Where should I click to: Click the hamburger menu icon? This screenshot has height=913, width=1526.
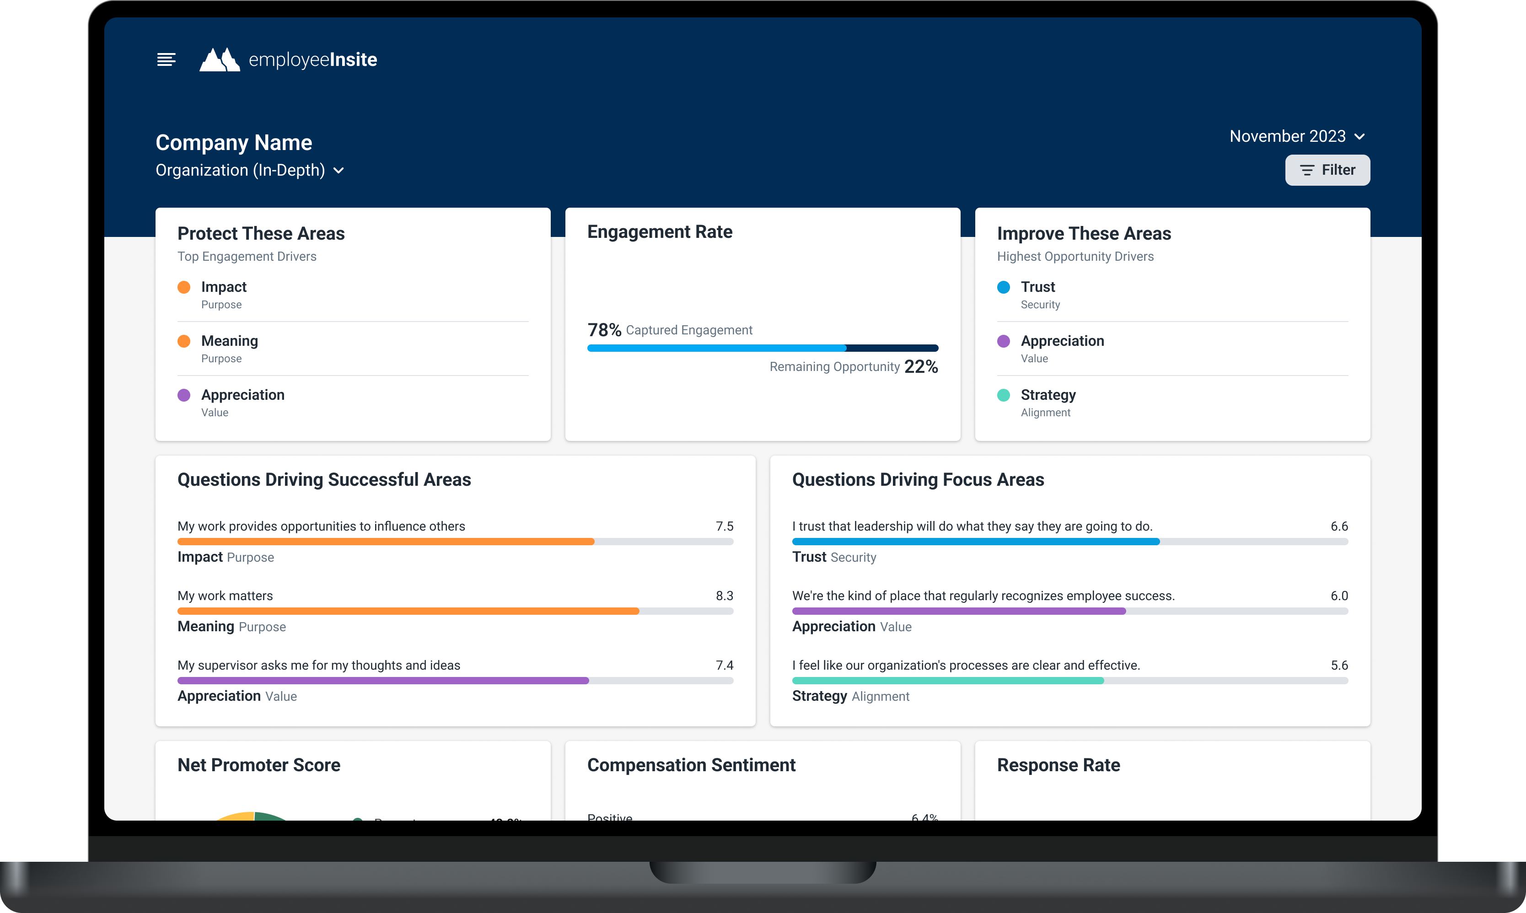(x=166, y=59)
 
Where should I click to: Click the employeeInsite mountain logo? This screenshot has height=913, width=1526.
(x=220, y=59)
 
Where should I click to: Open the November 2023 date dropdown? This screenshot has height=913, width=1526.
(x=1296, y=137)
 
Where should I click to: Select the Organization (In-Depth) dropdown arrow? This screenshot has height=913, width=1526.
(x=339, y=171)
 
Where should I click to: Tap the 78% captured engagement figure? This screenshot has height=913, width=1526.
(x=604, y=330)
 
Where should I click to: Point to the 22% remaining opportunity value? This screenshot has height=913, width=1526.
(x=921, y=367)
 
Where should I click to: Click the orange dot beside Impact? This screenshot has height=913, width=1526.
(x=184, y=287)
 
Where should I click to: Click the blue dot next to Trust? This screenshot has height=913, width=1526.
(x=1004, y=287)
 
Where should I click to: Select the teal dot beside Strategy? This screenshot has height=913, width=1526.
(x=1004, y=395)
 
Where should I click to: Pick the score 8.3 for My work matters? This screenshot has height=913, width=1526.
(x=724, y=596)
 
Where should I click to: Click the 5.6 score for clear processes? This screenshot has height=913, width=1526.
(x=1339, y=665)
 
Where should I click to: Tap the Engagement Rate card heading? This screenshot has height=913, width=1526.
(x=659, y=232)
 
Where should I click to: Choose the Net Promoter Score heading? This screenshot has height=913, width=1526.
(x=259, y=765)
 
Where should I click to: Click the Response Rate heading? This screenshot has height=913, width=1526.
(x=1059, y=765)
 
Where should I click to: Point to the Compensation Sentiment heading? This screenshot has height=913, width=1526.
(x=691, y=765)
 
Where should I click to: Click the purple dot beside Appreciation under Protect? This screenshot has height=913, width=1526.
(x=184, y=395)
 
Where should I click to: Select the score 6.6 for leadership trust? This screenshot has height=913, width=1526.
(x=1339, y=526)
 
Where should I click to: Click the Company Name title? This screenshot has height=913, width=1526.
(x=234, y=143)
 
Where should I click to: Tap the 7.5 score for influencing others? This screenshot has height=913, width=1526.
(x=724, y=526)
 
